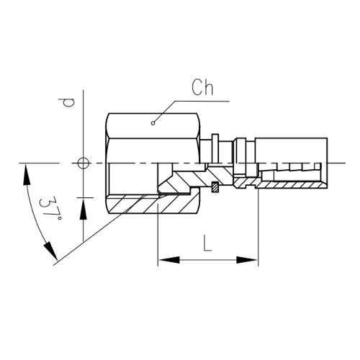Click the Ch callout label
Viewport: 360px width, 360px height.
[202, 87]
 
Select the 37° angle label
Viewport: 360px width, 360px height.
[50, 208]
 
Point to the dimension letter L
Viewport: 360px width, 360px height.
[207, 243]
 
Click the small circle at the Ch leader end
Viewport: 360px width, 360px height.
[153, 123]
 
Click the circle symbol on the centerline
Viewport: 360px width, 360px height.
[84, 163]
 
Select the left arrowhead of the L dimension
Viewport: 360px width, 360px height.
[168, 260]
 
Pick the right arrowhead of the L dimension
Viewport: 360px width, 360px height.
[247, 260]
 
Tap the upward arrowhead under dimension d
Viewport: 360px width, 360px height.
[84, 208]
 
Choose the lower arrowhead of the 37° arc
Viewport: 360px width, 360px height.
[50, 251]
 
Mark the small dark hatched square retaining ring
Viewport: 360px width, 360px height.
[215, 187]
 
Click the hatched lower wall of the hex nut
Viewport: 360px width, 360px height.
[153, 204]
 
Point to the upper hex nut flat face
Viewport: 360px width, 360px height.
[153, 126]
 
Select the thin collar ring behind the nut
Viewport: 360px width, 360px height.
[215, 149]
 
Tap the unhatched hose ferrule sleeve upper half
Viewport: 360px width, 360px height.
[291, 150]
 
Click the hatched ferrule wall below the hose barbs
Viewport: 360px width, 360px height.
[291, 185]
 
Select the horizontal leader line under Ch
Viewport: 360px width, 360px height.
[202, 101]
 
